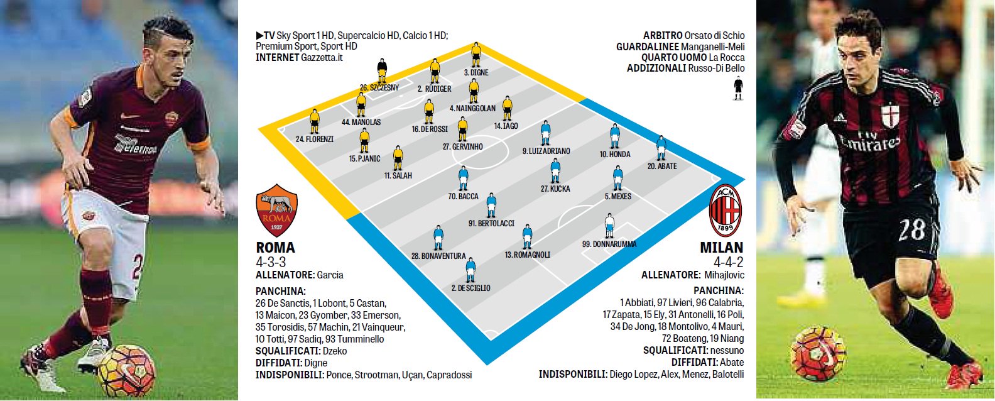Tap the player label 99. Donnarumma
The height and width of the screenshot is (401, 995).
coord(609,244)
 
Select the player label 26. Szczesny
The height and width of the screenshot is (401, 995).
coord(379,87)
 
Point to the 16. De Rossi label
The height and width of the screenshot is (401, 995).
coord(430,129)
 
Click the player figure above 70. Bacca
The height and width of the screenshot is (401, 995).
coord(463,178)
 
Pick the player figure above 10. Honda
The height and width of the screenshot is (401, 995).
coord(614,136)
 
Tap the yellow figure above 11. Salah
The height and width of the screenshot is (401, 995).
coord(397,158)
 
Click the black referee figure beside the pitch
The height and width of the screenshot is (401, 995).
coord(737,88)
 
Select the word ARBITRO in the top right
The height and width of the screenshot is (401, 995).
coord(662,36)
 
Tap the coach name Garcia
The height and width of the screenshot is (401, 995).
coord(330,275)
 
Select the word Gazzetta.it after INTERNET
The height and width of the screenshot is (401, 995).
coord(322,58)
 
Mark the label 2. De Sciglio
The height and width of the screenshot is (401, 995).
coord(470,288)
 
